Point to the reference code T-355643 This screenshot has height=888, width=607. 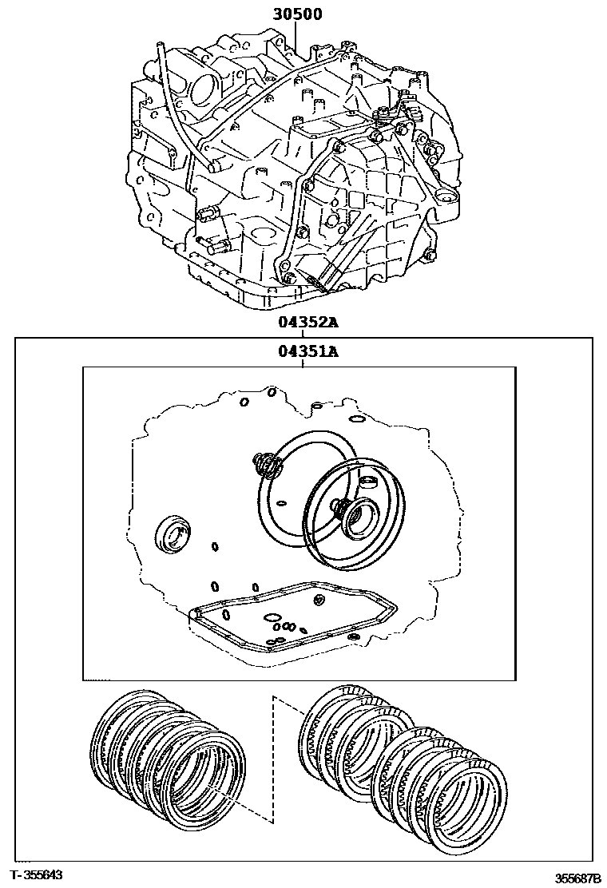click(x=38, y=875)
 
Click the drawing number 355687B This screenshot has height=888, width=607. click(x=577, y=878)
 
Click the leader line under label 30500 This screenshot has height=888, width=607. click(x=296, y=36)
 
